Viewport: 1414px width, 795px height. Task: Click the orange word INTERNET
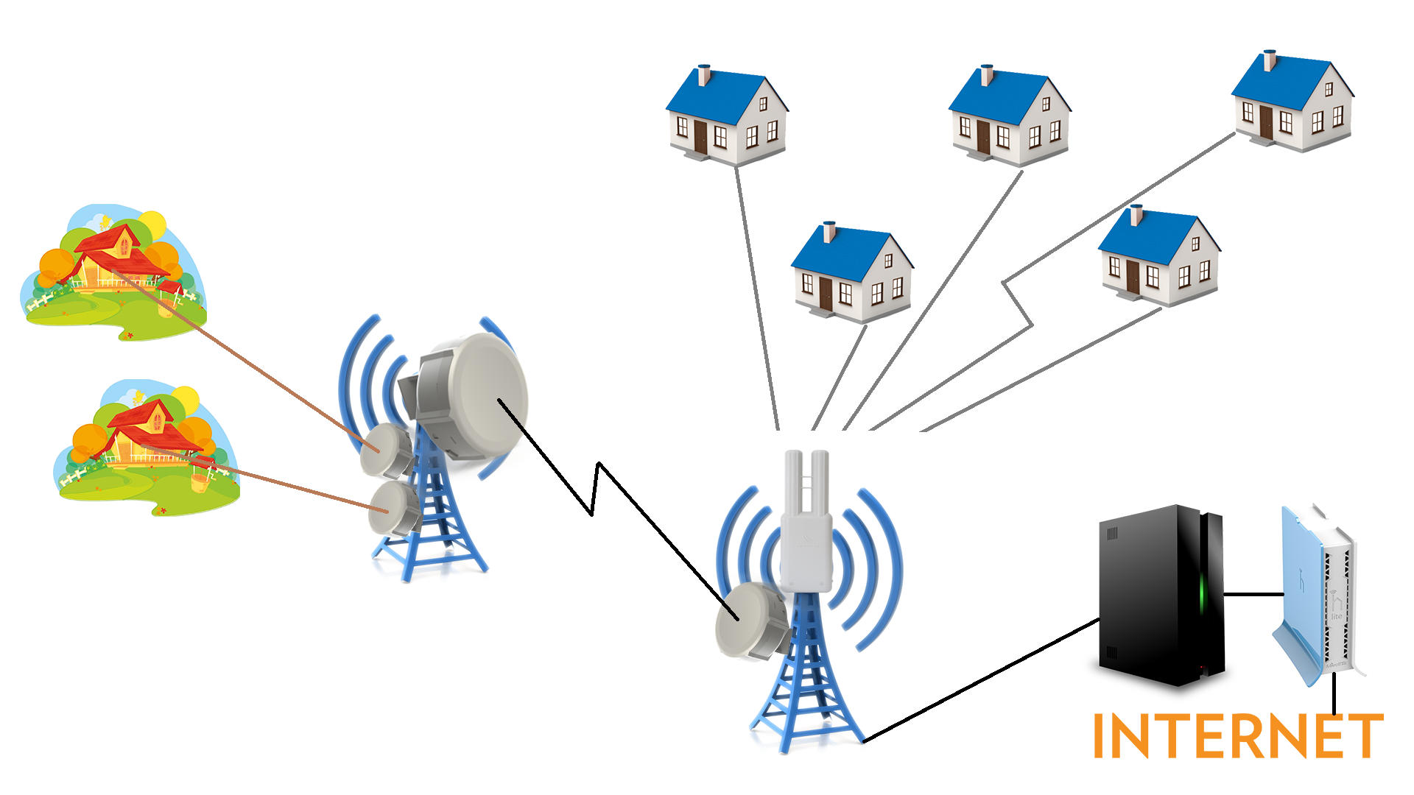tap(1237, 735)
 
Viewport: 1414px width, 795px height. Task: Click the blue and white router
tap(1318, 596)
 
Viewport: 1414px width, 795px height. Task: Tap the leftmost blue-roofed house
tap(725, 114)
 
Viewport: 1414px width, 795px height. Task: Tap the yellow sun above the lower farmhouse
tap(186, 399)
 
